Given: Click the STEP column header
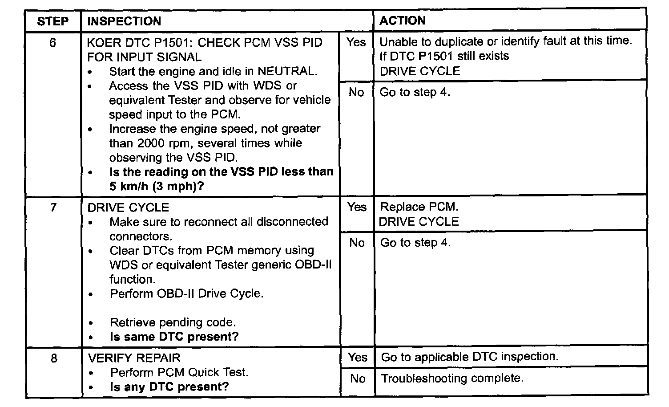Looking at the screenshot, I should [x=52, y=21].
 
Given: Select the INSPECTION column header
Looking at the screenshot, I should [x=124, y=21].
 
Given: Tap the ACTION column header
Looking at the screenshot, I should [x=402, y=20].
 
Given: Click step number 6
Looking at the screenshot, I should [x=52, y=43].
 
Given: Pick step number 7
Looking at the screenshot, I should [x=53, y=208].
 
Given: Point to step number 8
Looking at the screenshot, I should [x=53, y=358].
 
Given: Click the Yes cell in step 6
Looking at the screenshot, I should [x=356, y=42].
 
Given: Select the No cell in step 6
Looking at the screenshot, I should [x=356, y=92].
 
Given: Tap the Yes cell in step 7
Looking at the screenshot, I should [x=357, y=207].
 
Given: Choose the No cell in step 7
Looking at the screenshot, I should [x=357, y=243].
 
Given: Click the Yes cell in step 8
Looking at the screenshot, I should [x=358, y=357].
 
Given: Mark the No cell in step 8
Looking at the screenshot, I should [x=358, y=379].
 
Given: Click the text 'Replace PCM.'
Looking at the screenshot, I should [x=419, y=207].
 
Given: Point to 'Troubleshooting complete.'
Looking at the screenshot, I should [x=452, y=379].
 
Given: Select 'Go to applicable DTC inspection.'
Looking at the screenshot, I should [x=470, y=357].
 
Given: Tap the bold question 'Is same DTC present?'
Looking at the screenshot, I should [x=174, y=337].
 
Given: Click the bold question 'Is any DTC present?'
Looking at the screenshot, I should [x=169, y=387].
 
